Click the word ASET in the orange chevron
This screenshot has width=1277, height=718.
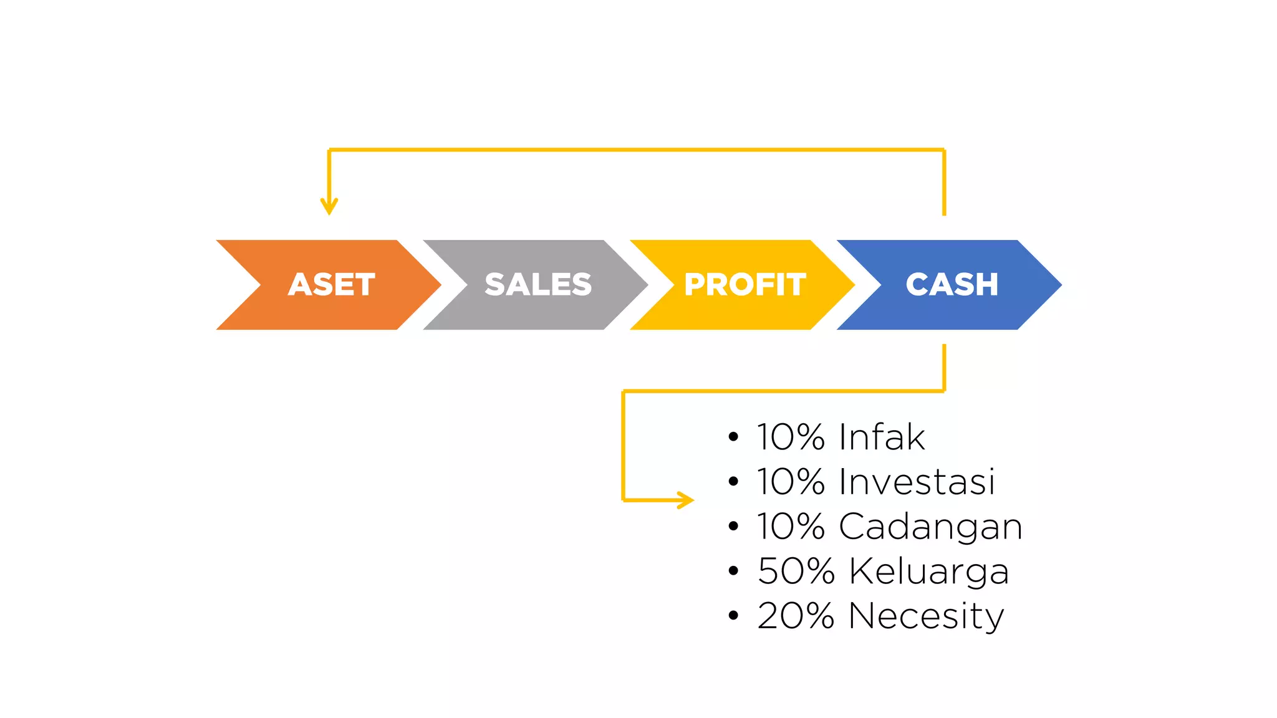[x=332, y=285]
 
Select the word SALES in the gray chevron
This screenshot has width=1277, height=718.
[x=538, y=285]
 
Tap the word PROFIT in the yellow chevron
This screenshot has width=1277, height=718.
[x=745, y=285]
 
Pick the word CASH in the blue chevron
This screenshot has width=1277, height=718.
[x=952, y=285]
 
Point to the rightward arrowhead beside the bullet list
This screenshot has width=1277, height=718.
[x=686, y=500]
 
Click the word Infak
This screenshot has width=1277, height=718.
[x=882, y=436]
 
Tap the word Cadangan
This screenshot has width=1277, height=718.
[x=931, y=527]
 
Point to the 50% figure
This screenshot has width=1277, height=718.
[x=796, y=571]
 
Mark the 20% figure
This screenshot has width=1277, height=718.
[x=796, y=616]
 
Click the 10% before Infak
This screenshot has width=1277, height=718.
[x=791, y=436]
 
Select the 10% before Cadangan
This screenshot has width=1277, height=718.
[x=791, y=526]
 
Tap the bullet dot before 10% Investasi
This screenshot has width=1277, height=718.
[x=733, y=482]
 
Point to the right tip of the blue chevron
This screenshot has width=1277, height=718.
[x=1061, y=285]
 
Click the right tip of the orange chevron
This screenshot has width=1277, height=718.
[x=441, y=285]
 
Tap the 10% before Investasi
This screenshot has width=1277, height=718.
[x=791, y=481]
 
